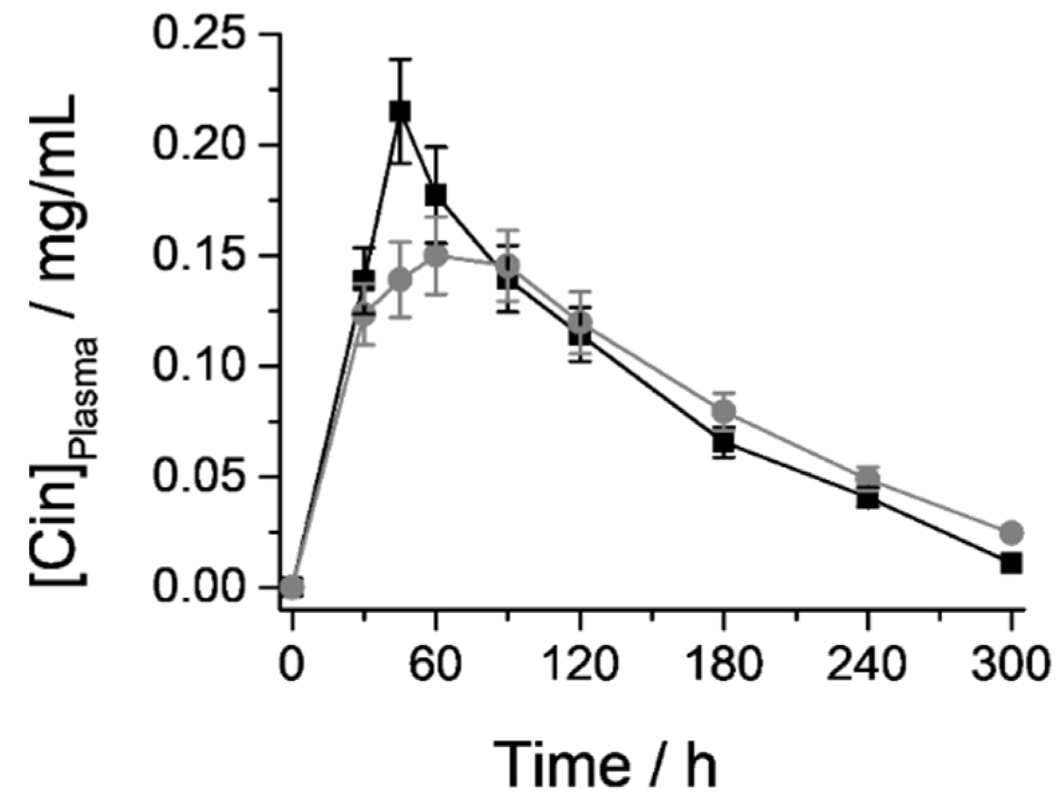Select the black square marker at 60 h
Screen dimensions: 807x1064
tap(436, 196)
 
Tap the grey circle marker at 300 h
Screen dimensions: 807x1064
tap(1011, 532)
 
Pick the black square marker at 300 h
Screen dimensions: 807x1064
tap(1011, 563)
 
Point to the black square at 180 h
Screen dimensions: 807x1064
tap(723, 442)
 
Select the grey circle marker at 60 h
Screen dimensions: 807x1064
tap(436, 256)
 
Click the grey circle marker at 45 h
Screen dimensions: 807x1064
tap(400, 279)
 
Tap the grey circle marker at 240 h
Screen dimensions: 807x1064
tap(867, 479)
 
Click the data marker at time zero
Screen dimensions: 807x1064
tap(292, 587)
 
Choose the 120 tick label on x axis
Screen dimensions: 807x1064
tap(580, 666)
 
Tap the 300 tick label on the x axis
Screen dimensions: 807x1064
tap(1011, 666)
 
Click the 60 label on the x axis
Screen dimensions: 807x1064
tap(436, 666)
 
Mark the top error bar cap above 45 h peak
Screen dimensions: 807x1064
tap(400, 60)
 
